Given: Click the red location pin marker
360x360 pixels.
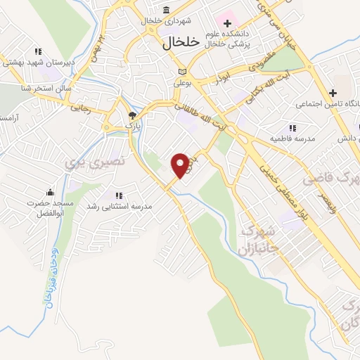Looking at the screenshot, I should (181, 165).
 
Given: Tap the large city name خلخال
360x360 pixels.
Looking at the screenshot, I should (168, 42).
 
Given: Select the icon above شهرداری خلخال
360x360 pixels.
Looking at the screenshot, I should (166, 10).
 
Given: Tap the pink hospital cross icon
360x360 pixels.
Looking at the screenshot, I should (226, 15).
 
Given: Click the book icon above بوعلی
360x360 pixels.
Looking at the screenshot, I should (183, 72).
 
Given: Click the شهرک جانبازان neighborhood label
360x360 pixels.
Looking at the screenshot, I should (261, 239).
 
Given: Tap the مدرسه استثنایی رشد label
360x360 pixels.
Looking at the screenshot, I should (120, 206).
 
